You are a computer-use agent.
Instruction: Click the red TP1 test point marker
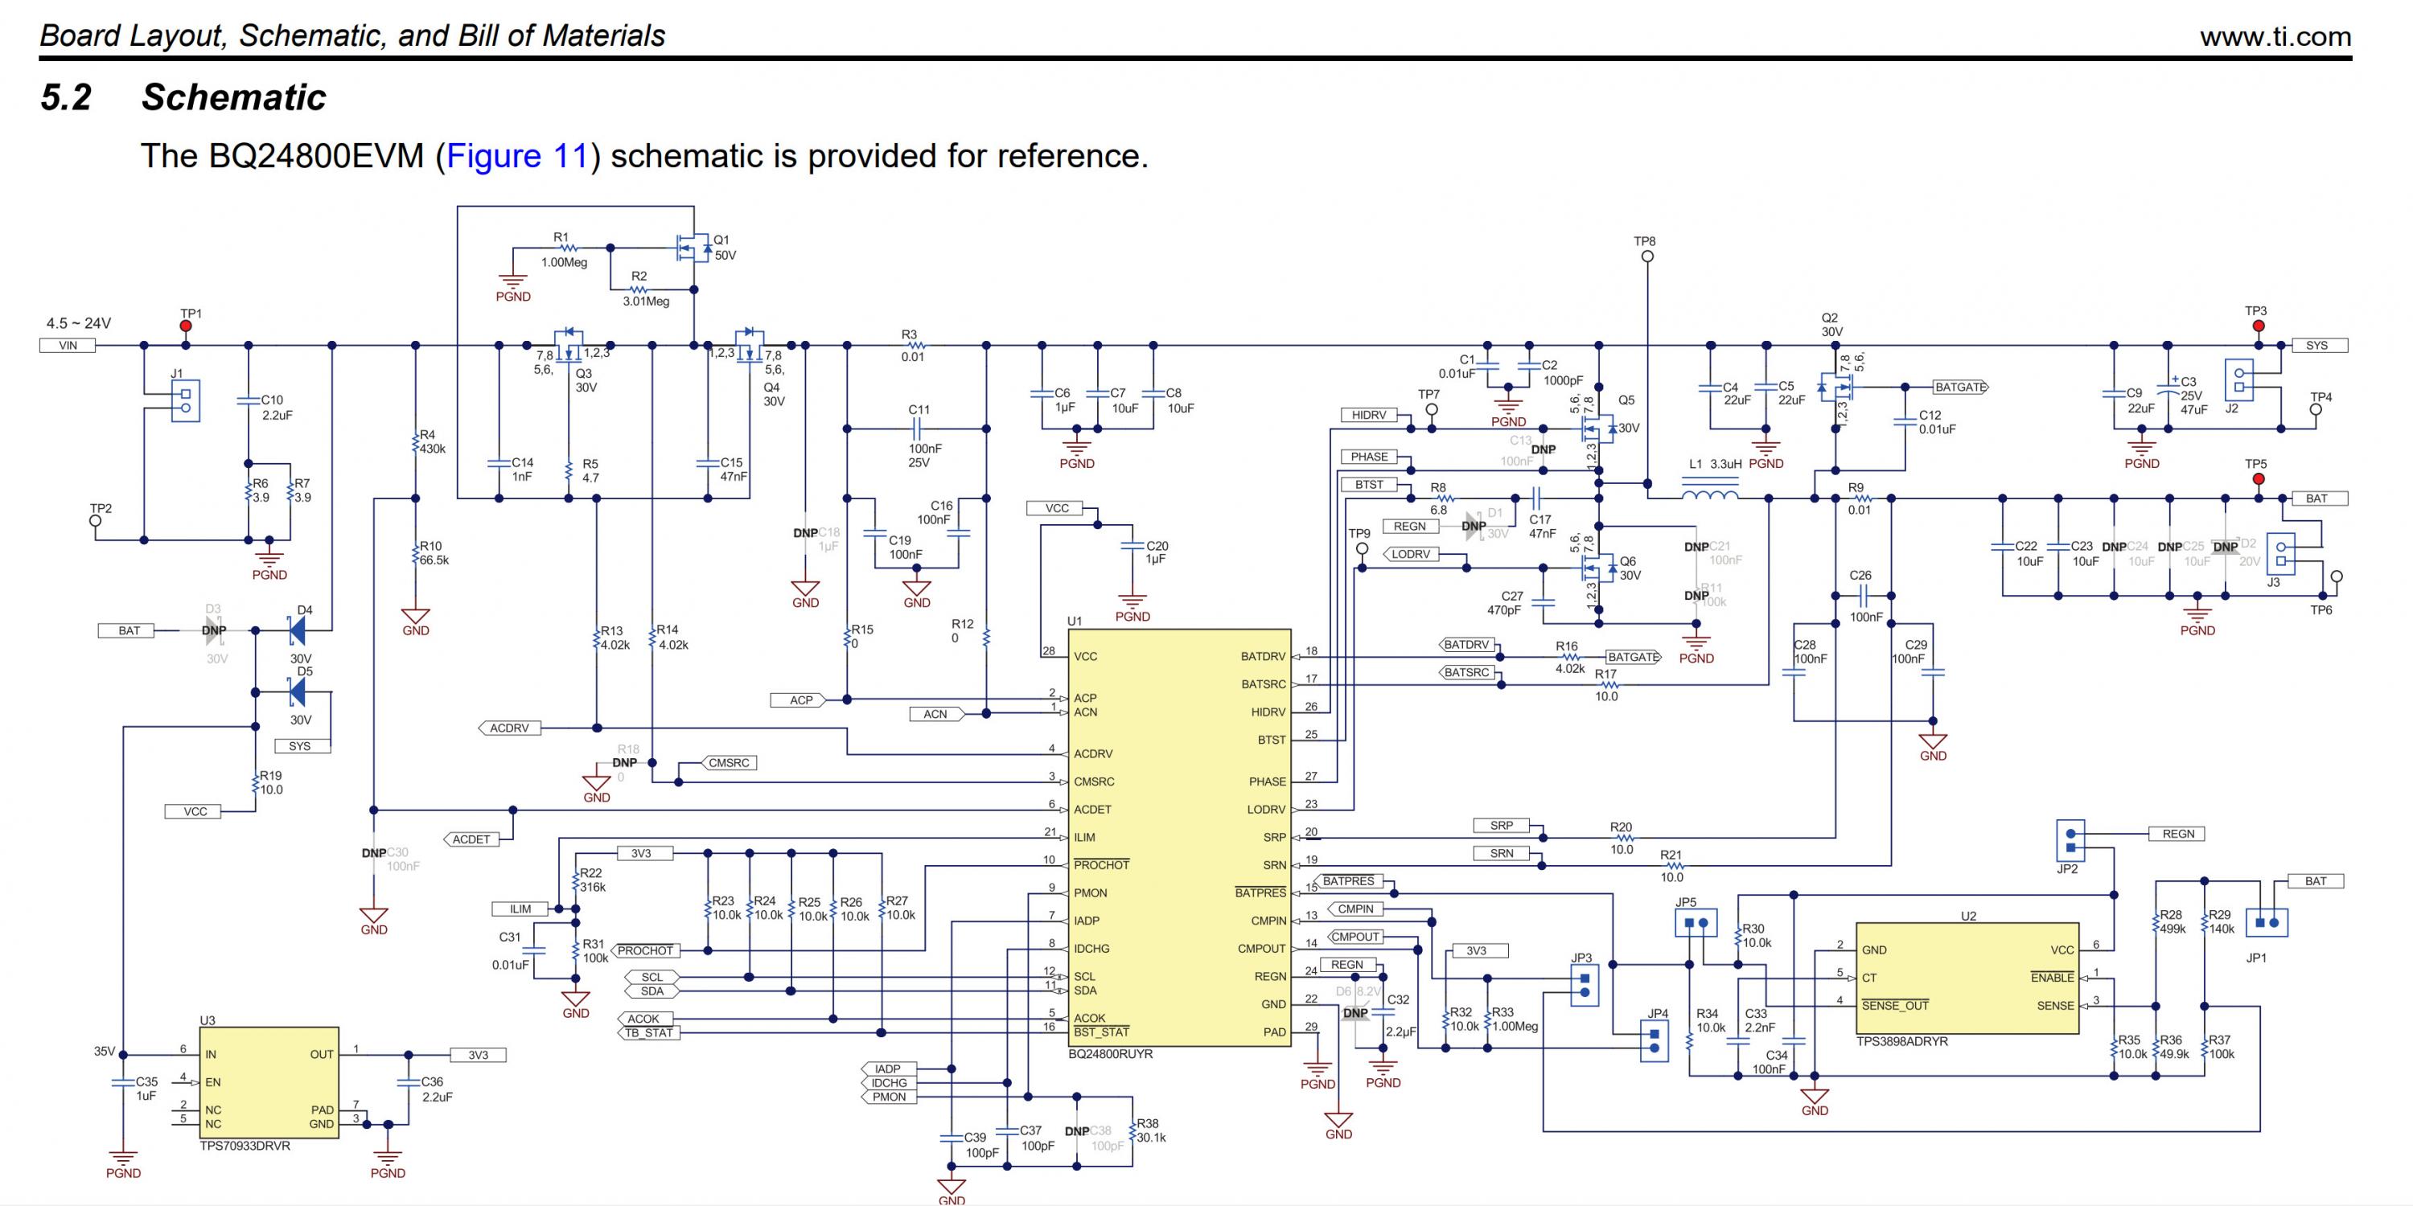click(186, 326)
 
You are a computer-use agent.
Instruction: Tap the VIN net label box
click(68, 346)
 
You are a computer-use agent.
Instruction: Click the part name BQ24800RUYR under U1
click(1110, 1054)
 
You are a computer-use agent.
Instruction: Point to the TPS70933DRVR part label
click(245, 1146)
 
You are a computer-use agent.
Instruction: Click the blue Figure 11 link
click(516, 155)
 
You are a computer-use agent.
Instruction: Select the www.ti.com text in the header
click(2275, 36)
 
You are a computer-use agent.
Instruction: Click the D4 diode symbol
click(298, 630)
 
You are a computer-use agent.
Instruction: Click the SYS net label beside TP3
click(2316, 346)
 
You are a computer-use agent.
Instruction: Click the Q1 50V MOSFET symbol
click(694, 247)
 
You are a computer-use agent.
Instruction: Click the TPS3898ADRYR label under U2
click(1901, 1041)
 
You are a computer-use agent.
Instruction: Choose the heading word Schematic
click(233, 97)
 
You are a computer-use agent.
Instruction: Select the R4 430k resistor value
click(432, 449)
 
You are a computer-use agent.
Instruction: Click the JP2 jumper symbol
click(2070, 840)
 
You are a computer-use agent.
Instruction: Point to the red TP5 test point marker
click(2258, 479)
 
